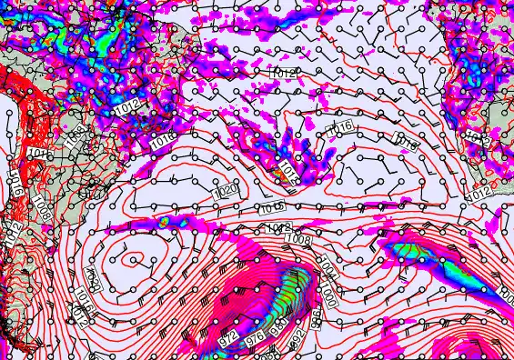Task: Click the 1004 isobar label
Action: (x=328, y=269)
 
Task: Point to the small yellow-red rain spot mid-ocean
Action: (x=164, y=221)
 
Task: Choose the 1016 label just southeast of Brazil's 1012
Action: (x=162, y=141)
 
